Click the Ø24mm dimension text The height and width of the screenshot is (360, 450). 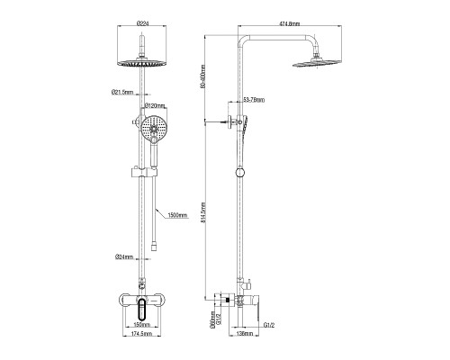click(x=124, y=258)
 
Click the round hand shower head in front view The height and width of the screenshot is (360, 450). click(x=152, y=127)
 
